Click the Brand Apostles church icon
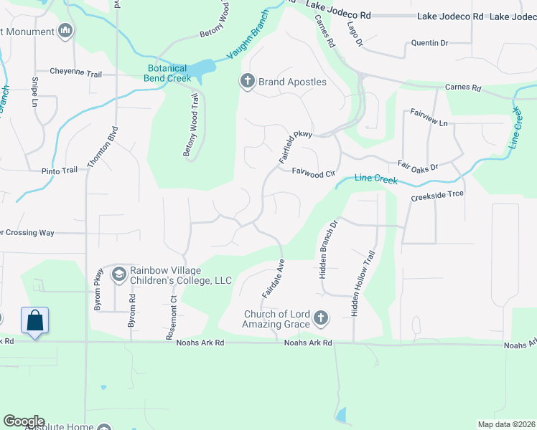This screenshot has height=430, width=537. point(248,82)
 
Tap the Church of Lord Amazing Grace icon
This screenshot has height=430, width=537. point(320,317)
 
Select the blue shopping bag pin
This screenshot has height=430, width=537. point(34,321)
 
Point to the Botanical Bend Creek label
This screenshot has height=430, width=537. point(169,75)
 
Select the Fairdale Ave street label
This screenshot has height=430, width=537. point(274,278)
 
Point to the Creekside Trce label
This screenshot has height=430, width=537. point(437,195)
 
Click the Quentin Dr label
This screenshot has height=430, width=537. point(429,43)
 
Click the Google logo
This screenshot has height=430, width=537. point(24,421)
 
